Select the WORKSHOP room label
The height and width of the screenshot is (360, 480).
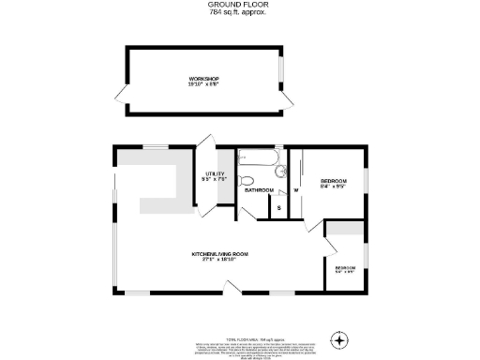203,78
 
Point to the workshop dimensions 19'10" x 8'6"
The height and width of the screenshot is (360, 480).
203,83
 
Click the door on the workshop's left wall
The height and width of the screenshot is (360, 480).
119,94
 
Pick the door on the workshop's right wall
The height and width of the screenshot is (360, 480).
284,97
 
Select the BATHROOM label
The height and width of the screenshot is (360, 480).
259,190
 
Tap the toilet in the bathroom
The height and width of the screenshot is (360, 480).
247,180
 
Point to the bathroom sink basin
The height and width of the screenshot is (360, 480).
280,171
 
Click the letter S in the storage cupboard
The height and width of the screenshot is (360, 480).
278,206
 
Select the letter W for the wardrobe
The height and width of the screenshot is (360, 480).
295,190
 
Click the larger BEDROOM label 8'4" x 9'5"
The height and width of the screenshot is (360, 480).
334,180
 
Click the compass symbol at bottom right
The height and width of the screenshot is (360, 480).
340,338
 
